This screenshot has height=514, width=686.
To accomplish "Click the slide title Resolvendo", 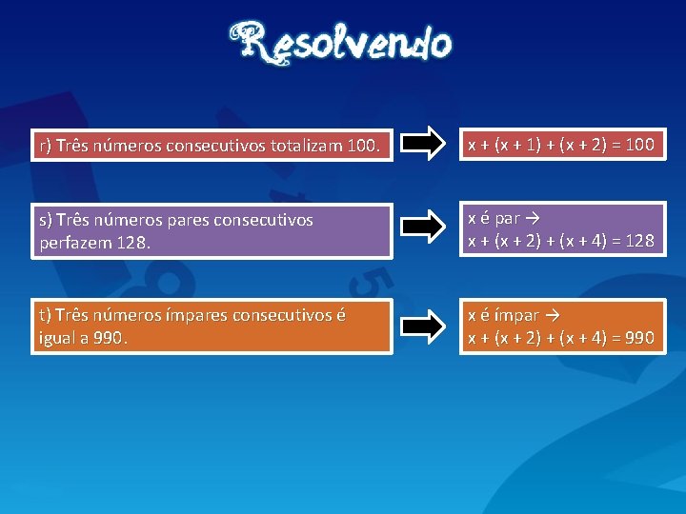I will (341, 44).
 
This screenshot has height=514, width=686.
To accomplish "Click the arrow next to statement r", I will (422, 145).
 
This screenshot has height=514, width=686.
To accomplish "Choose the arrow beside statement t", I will (422, 326).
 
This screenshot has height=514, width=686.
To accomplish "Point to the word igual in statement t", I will (58, 338).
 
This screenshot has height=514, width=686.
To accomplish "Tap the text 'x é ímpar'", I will (502, 315).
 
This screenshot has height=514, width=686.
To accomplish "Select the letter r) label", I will (46, 147).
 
